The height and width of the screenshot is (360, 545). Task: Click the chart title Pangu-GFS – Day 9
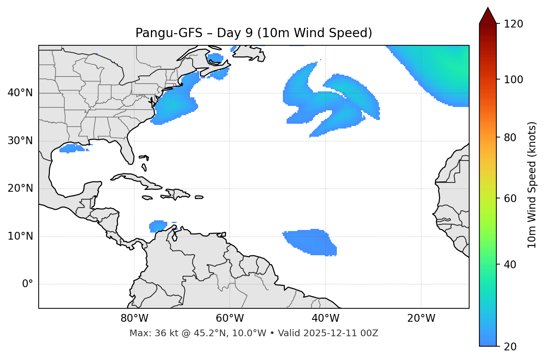click(x=254, y=33)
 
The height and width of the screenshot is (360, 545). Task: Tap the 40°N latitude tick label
click(x=20, y=93)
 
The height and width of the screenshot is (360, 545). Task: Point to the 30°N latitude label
click(x=20, y=141)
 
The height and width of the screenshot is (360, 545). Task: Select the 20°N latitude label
click(x=20, y=188)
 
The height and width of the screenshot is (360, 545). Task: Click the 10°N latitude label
click(x=20, y=236)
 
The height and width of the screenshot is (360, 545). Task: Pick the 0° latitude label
click(x=28, y=284)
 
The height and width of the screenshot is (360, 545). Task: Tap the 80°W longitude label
click(x=134, y=318)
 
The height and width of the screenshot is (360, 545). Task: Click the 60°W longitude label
click(x=230, y=318)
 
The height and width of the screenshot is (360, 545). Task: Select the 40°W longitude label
click(x=325, y=318)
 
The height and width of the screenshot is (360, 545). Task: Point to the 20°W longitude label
click(x=421, y=318)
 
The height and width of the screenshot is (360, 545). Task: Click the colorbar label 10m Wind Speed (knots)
click(x=532, y=185)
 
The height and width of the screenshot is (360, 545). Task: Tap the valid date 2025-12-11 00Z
click(x=341, y=333)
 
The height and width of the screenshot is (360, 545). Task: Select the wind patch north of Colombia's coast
click(x=158, y=226)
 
